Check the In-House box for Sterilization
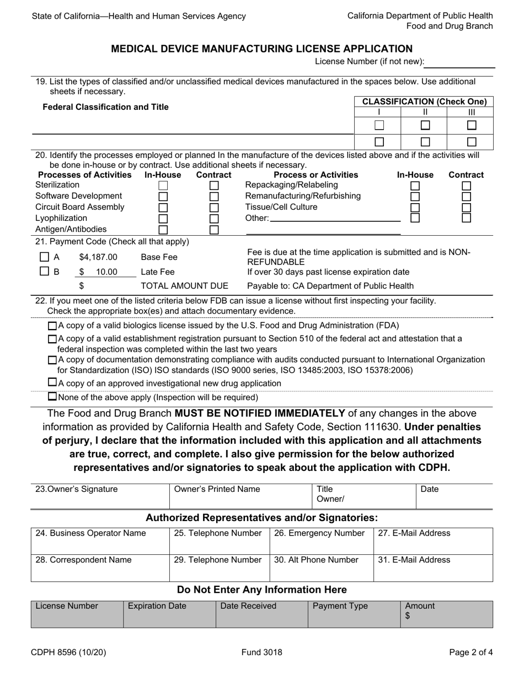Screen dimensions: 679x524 point(163,186)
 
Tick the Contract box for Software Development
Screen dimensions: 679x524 point(214,197)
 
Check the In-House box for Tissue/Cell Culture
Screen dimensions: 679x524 point(415,208)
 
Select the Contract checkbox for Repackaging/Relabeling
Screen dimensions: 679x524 point(466,186)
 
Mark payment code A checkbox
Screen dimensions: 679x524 point(45,257)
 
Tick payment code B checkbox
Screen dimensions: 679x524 point(45,272)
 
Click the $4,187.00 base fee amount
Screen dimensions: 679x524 point(98,257)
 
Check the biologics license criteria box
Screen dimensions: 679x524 point(52,326)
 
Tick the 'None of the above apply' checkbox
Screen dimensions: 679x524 point(52,397)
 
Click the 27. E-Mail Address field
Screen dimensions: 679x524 point(433,541)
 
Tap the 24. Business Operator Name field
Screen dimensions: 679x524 point(99,541)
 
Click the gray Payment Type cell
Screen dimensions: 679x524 point(354,614)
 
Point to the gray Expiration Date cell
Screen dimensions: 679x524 point(169,614)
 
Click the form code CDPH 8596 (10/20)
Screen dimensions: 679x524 point(68,653)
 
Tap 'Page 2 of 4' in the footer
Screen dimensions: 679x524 point(470,653)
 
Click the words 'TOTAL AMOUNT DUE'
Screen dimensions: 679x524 point(185,286)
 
